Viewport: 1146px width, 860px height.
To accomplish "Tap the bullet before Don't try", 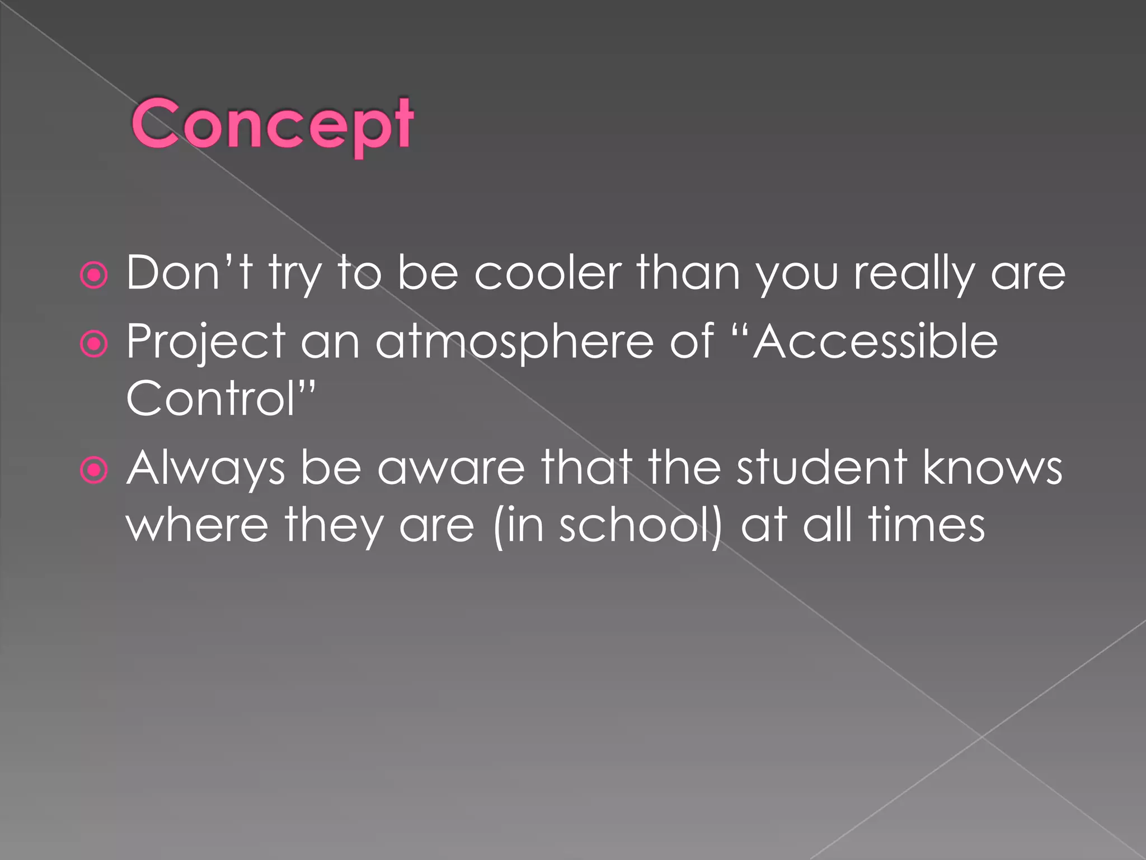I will [93, 275].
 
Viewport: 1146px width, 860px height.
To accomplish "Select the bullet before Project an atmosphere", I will [93, 344].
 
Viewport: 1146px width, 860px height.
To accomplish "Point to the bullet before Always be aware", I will [93, 470].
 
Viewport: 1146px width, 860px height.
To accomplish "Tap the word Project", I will [205, 343].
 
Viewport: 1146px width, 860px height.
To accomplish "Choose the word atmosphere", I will [514, 343].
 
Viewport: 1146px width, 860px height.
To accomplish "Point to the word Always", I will [205, 468].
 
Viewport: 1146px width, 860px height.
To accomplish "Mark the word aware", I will [451, 468].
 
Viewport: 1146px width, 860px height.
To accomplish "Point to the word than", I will [689, 273].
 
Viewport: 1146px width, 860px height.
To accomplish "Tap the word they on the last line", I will [334, 526].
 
